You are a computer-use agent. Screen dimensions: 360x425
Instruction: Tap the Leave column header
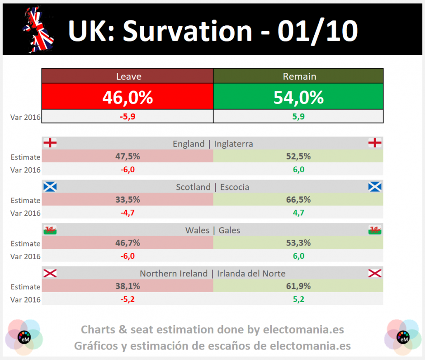[x=128, y=76]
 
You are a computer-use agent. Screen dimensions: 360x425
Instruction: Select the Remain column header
[x=299, y=76]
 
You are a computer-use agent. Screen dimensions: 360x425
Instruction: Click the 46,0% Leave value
[x=127, y=97]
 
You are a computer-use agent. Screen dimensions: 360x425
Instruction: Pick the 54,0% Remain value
[x=298, y=97]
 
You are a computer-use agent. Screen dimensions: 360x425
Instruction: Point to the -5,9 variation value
[x=127, y=117]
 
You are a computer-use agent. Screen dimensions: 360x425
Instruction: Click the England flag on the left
[x=50, y=143]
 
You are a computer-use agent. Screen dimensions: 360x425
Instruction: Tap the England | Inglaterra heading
[x=212, y=144]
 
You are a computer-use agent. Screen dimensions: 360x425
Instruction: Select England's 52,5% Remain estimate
[x=298, y=156]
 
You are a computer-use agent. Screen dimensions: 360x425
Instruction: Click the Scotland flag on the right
[x=375, y=186]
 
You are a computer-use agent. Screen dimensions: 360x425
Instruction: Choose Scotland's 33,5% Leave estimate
[x=127, y=199]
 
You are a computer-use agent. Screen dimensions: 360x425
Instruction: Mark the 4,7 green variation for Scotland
[x=298, y=213]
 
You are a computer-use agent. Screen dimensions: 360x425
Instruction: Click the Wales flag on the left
[x=50, y=230]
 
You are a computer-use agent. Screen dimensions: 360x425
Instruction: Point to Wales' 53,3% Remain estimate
[x=298, y=243]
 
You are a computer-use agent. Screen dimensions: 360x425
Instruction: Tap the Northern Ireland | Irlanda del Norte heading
[x=212, y=273]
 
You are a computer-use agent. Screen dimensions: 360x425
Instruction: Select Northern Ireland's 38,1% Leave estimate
[x=127, y=286]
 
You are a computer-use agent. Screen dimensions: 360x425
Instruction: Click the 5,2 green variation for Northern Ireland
[x=298, y=299]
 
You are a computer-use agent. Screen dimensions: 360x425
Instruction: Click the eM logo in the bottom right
[x=402, y=337]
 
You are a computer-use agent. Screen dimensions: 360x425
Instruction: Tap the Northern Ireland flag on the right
[x=375, y=273]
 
